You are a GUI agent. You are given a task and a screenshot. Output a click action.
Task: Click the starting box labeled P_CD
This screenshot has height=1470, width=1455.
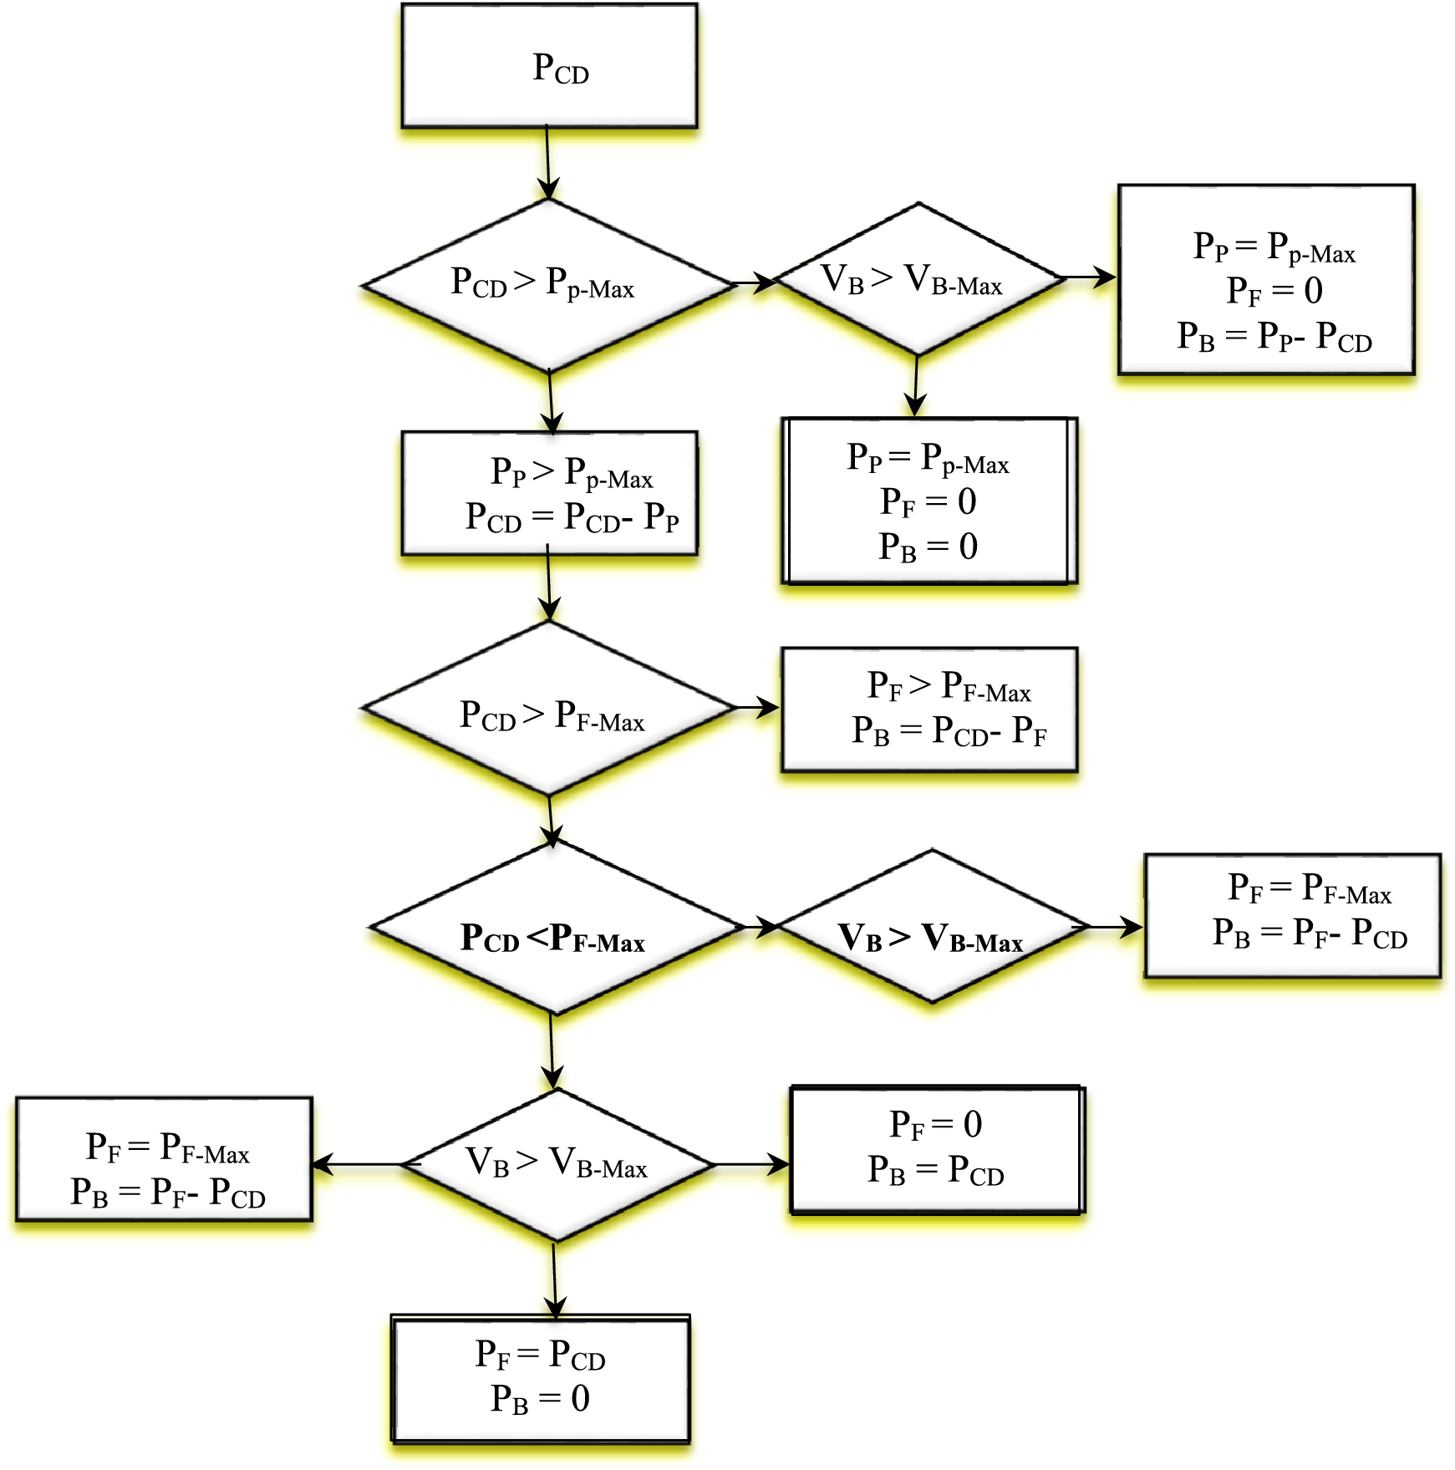(x=549, y=66)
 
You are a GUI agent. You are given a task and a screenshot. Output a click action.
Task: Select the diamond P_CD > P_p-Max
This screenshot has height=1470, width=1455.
(x=547, y=285)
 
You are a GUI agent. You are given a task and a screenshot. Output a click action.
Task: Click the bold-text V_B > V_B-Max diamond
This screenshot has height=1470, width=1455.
(x=931, y=928)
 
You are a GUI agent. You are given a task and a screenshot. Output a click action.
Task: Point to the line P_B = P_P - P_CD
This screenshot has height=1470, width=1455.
(x=1274, y=337)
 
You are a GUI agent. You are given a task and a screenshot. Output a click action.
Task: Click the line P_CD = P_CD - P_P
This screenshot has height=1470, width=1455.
(x=572, y=517)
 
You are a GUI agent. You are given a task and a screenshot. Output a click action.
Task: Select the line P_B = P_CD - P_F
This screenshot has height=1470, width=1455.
(x=949, y=731)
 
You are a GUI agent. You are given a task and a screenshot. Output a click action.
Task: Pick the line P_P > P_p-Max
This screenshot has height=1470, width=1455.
(x=572, y=473)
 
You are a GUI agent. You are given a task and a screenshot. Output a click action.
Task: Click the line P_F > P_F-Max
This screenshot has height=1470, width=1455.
(x=949, y=686)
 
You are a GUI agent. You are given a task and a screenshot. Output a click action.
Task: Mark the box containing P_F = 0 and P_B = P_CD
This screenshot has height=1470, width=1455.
(x=936, y=1149)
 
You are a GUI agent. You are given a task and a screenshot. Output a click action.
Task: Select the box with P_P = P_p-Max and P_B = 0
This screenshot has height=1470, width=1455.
(x=928, y=501)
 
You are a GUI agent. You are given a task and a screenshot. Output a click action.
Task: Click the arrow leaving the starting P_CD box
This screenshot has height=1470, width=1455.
(x=547, y=163)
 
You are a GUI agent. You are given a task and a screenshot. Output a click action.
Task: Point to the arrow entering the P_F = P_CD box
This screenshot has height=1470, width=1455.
(x=554, y=1280)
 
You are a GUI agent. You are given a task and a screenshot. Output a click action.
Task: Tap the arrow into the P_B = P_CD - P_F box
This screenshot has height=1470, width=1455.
(x=757, y=708)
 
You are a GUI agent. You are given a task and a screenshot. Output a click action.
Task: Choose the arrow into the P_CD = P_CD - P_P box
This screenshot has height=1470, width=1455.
(x=551, y=402)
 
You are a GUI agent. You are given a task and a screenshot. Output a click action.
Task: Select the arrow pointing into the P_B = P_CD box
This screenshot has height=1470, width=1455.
(x=752, y=1163)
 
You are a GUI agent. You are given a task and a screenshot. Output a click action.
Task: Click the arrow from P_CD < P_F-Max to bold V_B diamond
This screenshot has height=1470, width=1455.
(x=760, y=926)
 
